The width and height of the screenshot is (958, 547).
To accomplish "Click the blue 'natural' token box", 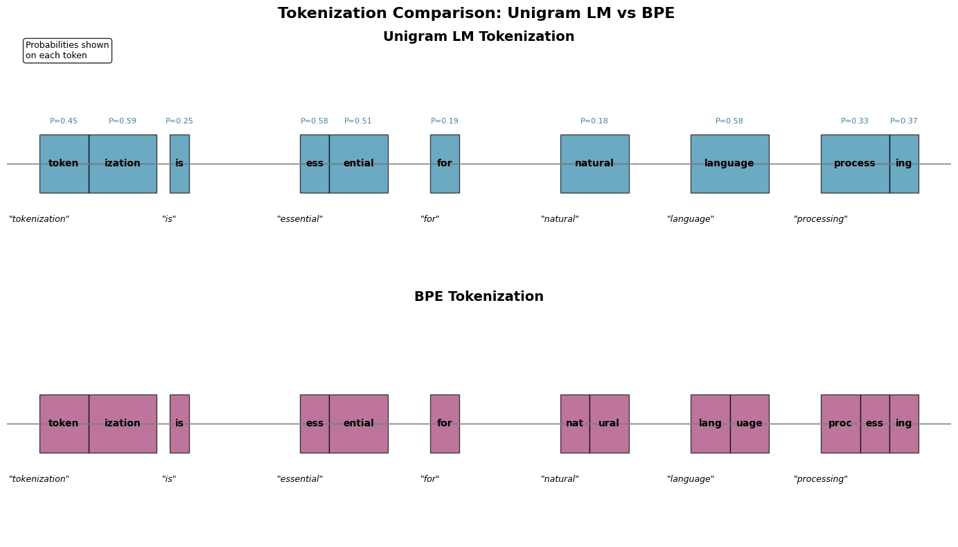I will coord(594,164).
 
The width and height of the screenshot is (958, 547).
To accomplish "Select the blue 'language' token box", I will coord(729,164).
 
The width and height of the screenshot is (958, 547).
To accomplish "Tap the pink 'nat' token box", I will coord(575,424).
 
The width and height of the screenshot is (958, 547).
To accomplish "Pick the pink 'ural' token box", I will coord(609,424).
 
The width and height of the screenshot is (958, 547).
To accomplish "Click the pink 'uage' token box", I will coord(749,424).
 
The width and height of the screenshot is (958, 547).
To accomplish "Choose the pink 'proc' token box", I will coord(840,424).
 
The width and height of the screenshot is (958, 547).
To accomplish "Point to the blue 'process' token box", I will coord(855,164).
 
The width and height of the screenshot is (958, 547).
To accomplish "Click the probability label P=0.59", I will coord(123,121).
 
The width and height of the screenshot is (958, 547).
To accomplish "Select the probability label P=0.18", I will coord(594,121).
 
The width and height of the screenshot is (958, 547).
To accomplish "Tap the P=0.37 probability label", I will coord(904,121).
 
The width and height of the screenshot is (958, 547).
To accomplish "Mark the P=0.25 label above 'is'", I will coord(179,121).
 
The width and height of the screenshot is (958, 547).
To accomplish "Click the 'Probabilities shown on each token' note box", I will coord(67,51).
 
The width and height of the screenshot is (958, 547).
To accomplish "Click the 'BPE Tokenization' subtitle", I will coord(479,297).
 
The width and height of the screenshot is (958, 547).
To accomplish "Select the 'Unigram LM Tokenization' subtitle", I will coord(479,37).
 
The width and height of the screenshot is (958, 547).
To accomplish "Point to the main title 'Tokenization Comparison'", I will coord(476,14).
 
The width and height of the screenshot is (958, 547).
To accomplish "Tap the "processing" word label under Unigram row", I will coord(821,219).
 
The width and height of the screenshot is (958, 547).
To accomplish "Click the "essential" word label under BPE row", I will coord(300,479).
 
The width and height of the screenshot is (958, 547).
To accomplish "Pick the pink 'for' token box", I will coord(445,424).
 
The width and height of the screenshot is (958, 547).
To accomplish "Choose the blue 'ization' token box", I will coord(123,164).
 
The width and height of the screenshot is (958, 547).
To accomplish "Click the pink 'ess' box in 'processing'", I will coord(875,424).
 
